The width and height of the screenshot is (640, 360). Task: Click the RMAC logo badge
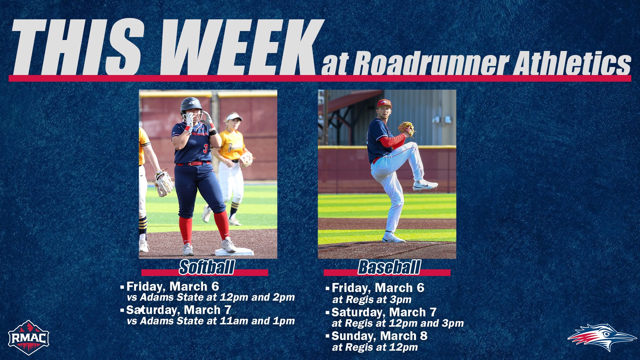[29, 337]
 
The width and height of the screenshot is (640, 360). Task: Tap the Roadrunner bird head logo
[602, 337]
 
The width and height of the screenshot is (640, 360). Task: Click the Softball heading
[207, 267]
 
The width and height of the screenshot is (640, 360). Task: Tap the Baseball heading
[389, 267]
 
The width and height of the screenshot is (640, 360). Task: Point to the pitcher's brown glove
[406, 129]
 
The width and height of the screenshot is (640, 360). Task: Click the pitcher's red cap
[384, 104]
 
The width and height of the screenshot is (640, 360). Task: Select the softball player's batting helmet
[191, 105]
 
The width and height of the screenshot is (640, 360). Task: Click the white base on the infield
[234, 252]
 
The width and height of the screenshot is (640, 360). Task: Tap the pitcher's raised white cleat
[425, 185]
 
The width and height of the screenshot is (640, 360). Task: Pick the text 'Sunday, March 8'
[379, 336]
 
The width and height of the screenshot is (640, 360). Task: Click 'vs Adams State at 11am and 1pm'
[211, 321]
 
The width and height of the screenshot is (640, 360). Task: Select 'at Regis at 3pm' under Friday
[372, 300]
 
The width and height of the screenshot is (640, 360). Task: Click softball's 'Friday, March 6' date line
[172, 287]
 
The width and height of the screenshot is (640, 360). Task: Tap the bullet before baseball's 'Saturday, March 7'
[328, 313]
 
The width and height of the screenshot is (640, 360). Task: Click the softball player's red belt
[193, 163]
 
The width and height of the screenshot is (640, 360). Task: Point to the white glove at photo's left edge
[164, 183]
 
